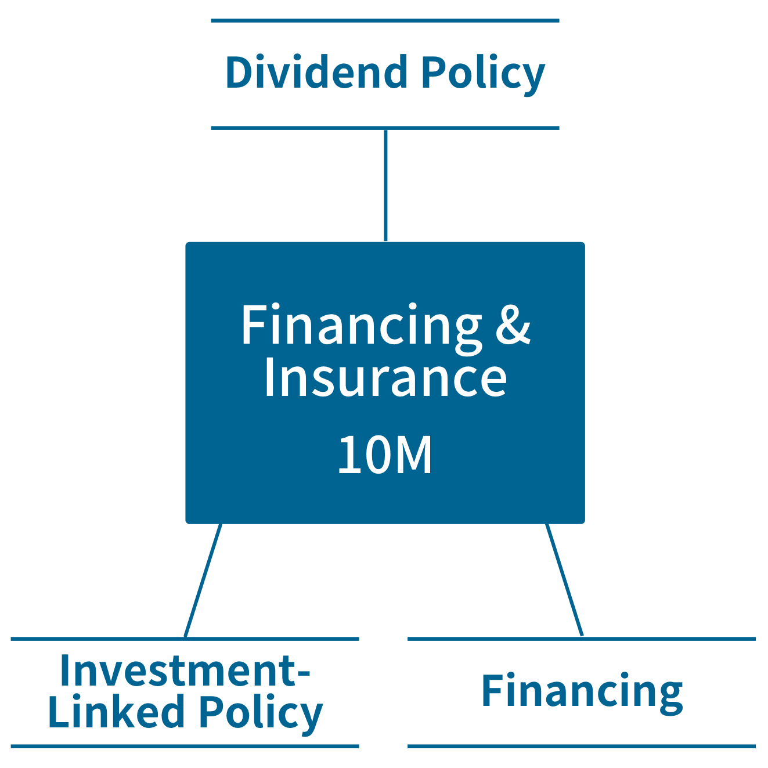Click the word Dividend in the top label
pos(316,73)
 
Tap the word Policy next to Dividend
pos(483,74)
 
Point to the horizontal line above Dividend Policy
pos(385,21)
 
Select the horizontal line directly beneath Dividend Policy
pos(385,128)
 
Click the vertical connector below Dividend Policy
pos(385,185)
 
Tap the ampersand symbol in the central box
pos(513,326)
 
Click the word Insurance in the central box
pos(385,378)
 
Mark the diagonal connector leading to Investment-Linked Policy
pos(203,580)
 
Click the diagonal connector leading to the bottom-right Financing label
pos(564,580)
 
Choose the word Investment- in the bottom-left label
pos(185,670)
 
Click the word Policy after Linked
pos(261,713)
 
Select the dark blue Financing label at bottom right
pos(582,692)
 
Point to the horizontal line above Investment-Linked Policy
pos(185,639)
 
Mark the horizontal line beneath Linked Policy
pos(185,746)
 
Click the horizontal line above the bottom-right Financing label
pos(582,639)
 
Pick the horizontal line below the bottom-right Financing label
pos(582,746)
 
